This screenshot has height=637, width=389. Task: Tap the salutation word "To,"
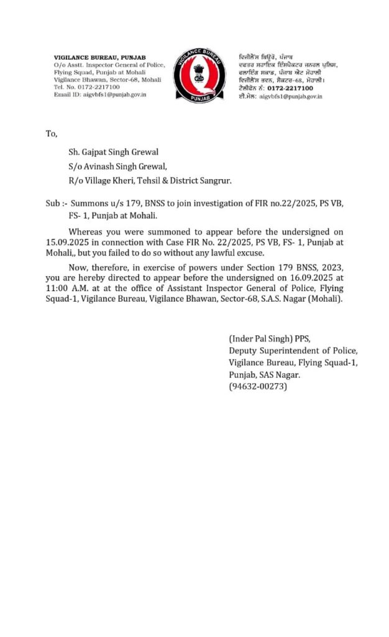pyautogui.click(x=51, y=134)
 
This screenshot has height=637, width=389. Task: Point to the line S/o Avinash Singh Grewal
pyautogui.click(x=117, y=166)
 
